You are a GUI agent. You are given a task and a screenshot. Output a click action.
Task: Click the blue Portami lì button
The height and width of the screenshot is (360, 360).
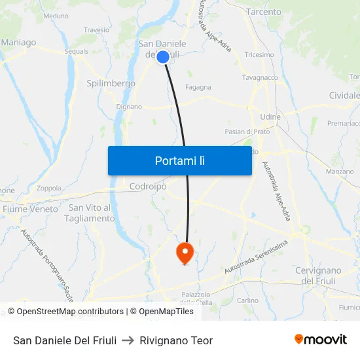[x=179, y=160]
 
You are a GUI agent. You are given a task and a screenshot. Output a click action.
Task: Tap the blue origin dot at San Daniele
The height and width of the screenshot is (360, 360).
[x=163, y=57]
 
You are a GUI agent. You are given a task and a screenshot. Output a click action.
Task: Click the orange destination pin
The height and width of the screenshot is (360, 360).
[x=185, y=251]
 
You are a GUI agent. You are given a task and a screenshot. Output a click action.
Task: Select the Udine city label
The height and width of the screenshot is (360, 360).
[x=270, y=117]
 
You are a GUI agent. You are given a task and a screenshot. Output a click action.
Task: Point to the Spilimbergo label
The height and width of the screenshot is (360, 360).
[x=111, y=84]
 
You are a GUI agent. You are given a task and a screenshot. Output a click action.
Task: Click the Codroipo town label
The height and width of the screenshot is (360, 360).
[x=148, y=187]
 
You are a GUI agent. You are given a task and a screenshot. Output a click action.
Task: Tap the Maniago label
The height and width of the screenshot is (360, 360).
[x=18, y=43]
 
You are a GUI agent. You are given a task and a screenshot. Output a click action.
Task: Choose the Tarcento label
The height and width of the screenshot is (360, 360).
[x=264, y=12]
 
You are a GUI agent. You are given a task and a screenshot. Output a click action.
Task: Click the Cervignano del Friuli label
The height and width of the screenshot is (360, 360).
[x=318, y=276]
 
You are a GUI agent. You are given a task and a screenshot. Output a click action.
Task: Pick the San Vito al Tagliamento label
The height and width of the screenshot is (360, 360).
[x=90, y=213]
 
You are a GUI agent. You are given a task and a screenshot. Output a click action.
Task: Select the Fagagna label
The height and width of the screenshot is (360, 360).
[x=198, y=87]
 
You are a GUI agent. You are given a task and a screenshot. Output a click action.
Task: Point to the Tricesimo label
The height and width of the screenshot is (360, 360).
[x=259, y=55]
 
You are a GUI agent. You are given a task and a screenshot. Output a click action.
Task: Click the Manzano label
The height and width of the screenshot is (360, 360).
[x=339, y=171]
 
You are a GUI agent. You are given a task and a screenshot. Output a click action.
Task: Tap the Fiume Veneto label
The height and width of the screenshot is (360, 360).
[x=30, y=209]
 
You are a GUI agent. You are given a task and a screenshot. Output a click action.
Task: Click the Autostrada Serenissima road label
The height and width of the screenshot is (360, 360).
[x=256, y=257]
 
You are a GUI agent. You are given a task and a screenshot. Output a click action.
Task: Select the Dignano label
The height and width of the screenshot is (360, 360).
[x=129, y=107]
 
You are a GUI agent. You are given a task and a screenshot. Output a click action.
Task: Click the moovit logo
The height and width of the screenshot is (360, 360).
[x=320, y=340]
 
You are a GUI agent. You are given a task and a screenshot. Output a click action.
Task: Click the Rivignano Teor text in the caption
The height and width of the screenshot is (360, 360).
[x=176, y=340]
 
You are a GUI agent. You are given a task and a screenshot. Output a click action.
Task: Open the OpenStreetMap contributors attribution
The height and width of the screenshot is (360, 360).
[x=65, y=312]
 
